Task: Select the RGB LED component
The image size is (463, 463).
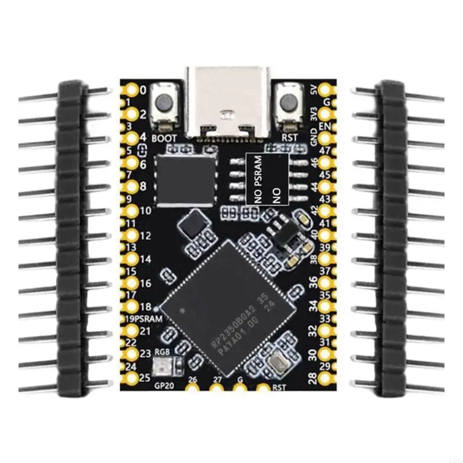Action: click(161, 366)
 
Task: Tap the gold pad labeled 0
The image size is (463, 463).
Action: click(131, 90)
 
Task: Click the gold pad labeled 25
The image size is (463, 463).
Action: click(131, 379)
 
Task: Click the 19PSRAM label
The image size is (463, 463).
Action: click(144, 319)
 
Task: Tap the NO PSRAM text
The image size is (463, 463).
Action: click(258, 179)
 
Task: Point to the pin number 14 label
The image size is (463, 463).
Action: click(144, 259)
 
